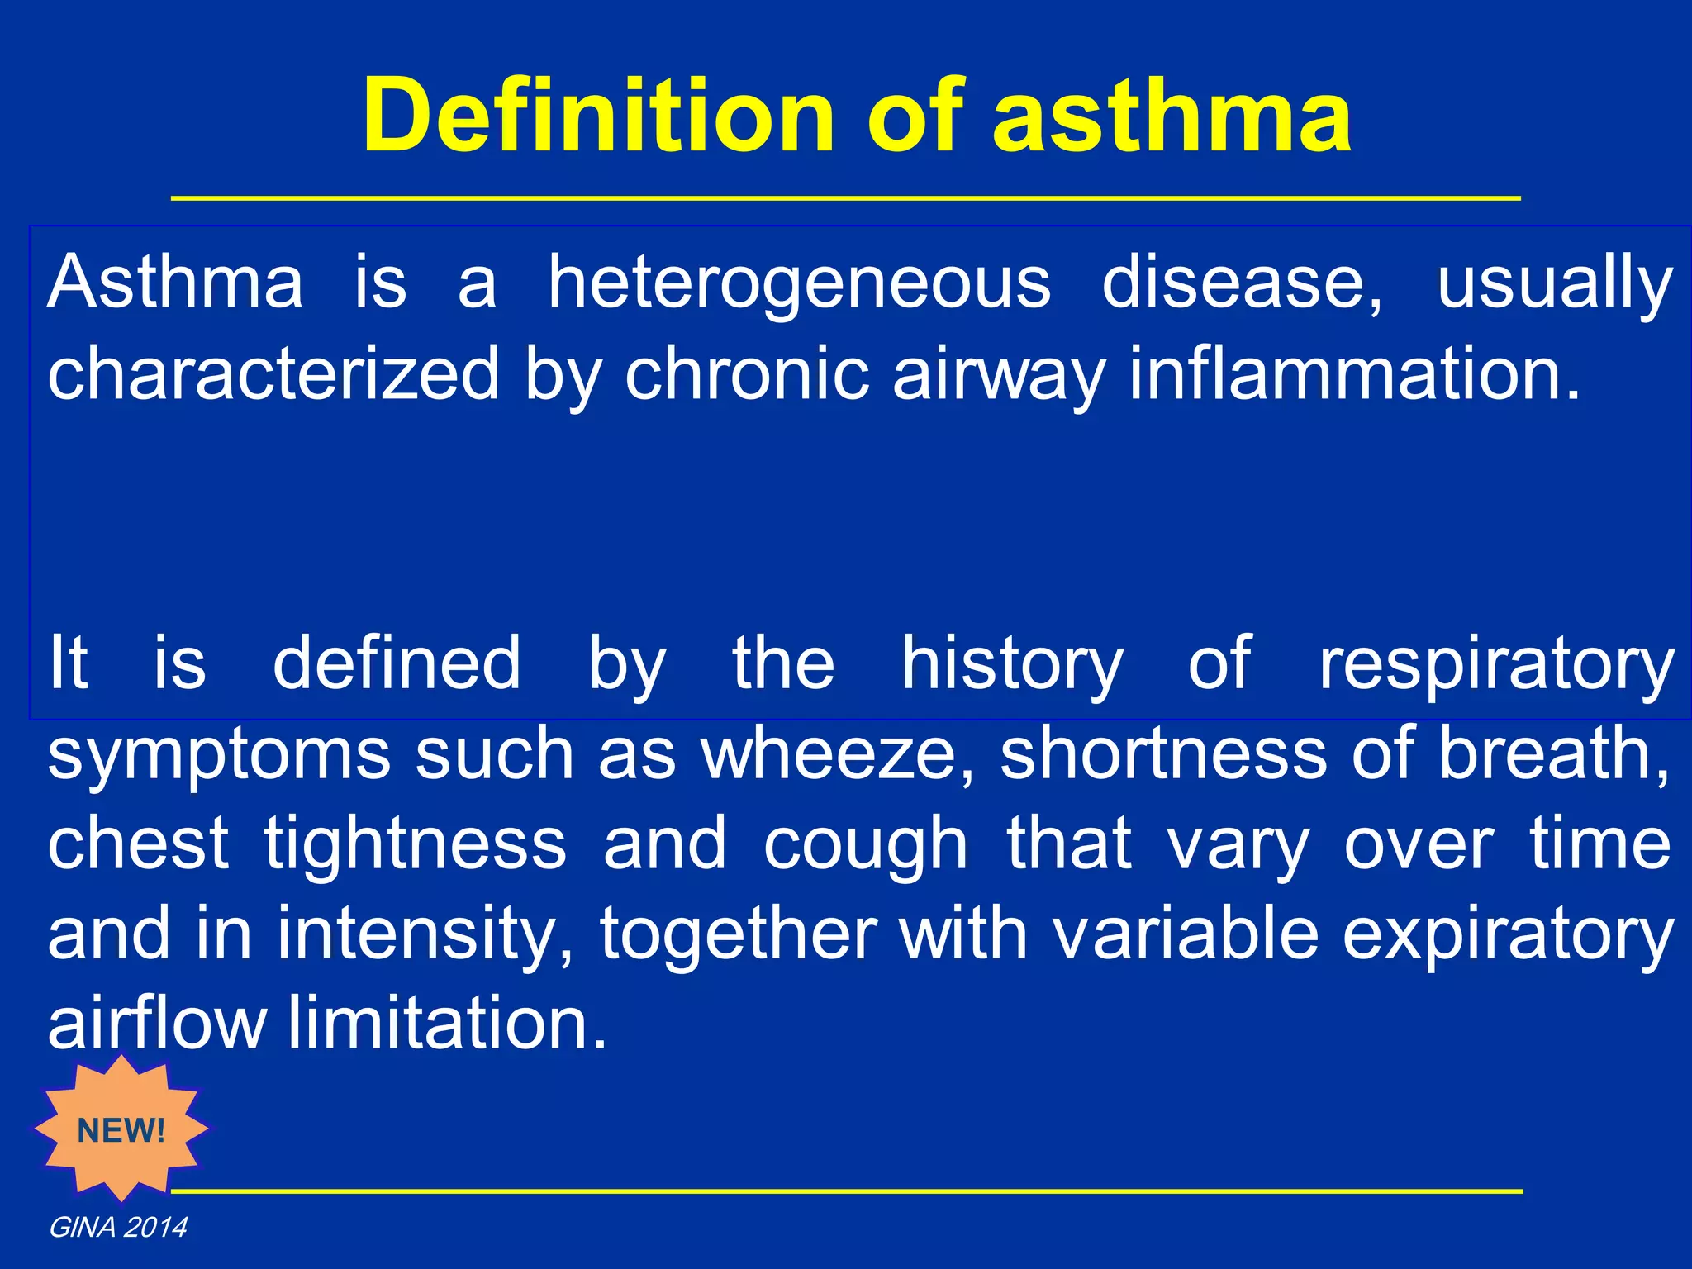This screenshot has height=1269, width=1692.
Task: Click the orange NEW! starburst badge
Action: coord(121,1129)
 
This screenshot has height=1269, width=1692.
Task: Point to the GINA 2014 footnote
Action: coord(118,1228)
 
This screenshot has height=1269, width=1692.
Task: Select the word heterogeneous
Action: coord(799,283)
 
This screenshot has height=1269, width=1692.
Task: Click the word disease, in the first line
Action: coord(1242,283)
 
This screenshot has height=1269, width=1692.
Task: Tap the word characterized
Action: coord(273,374)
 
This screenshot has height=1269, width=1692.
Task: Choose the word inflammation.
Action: coord(1354,374)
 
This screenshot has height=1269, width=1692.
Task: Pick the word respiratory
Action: coord(1495,664)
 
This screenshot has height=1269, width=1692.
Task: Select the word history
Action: coord(1012,664)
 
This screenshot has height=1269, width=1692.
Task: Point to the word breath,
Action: coord(1554,753)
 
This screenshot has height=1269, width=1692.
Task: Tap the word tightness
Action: coord(416,844)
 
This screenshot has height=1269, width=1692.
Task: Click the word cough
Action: coord(865,844)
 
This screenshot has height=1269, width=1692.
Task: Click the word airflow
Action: coord(157,1023)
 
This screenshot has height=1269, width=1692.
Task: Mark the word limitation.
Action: coord(447,1023)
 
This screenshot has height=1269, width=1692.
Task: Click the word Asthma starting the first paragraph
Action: coord(175,283)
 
